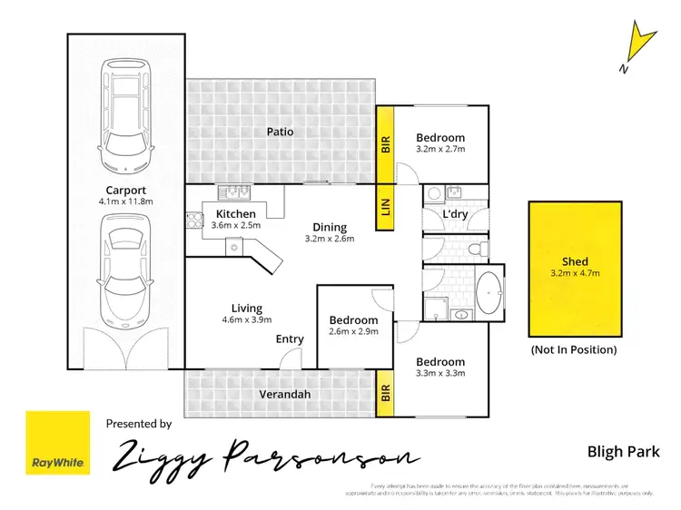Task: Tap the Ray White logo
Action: (x=58, y=443)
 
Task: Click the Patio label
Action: (x=280, y=132)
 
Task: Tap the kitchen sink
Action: (x=232, y=191)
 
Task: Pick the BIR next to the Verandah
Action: (x=385, y=394)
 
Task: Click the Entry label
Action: (x=291, y=339)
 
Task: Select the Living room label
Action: (x=247, y=308)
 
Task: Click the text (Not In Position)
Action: (x=573, y=349)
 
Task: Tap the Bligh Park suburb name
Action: (x=622, y=451)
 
